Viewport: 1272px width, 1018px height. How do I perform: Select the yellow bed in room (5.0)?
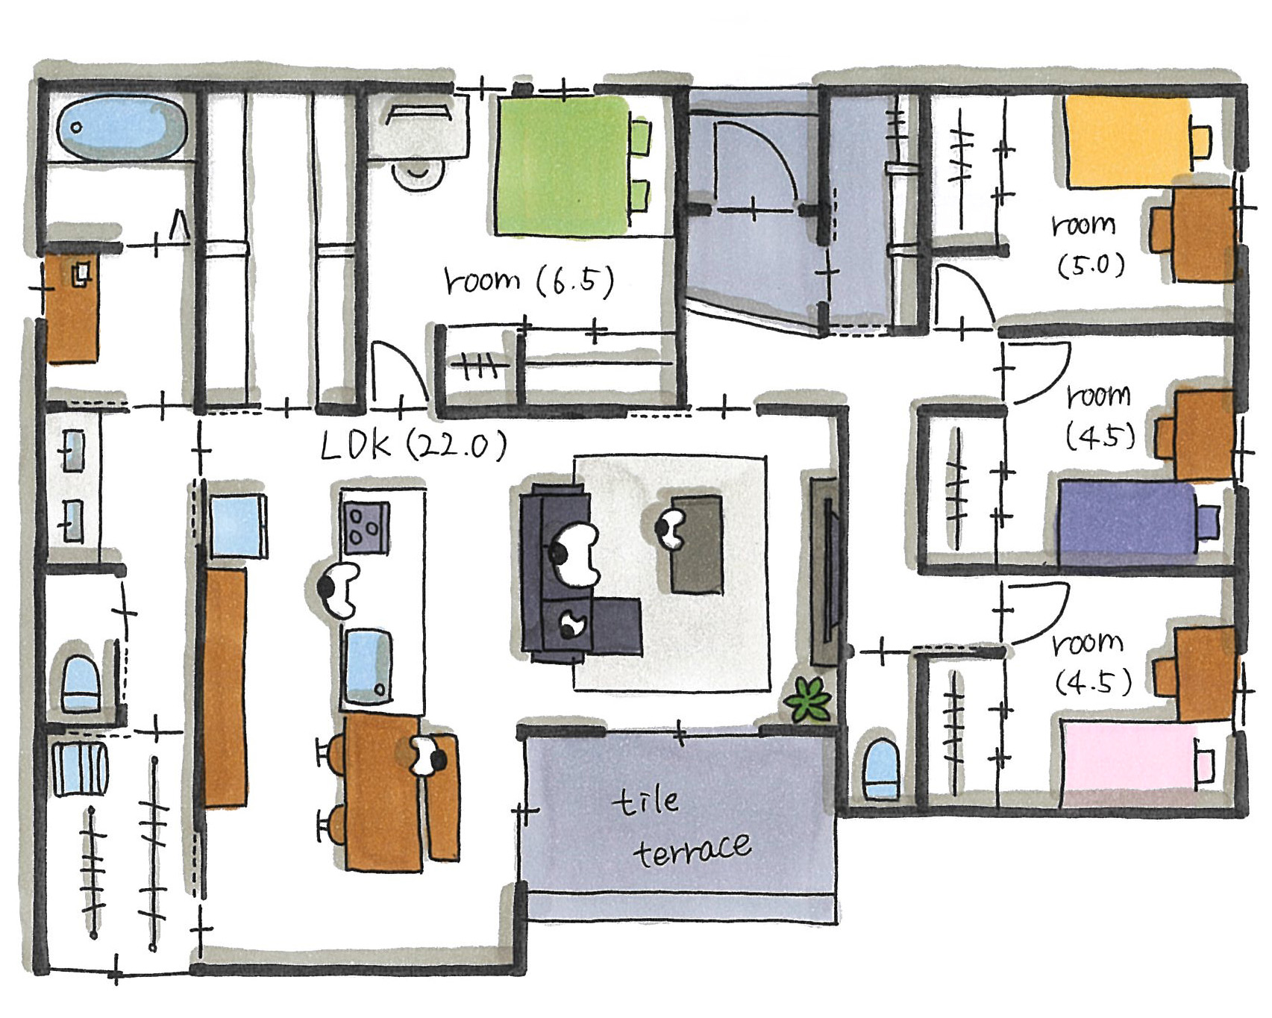pyautogui.click(x=1129, y=142)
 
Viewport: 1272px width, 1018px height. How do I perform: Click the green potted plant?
pyautogui.click(x=807, y=699)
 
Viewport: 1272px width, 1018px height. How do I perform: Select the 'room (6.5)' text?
pyautogui.click(x=528, y=281)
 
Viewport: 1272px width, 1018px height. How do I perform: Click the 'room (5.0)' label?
pyautogui.click(x=1088, y=245)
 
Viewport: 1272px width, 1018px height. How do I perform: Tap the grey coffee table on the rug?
pyautogui.click(x=696, y=543)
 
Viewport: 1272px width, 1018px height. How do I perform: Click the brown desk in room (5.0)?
pyautogui.click(x=1201, y=234)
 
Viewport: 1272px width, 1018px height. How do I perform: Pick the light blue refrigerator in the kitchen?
pyautogui.click(x=236, y=526)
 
